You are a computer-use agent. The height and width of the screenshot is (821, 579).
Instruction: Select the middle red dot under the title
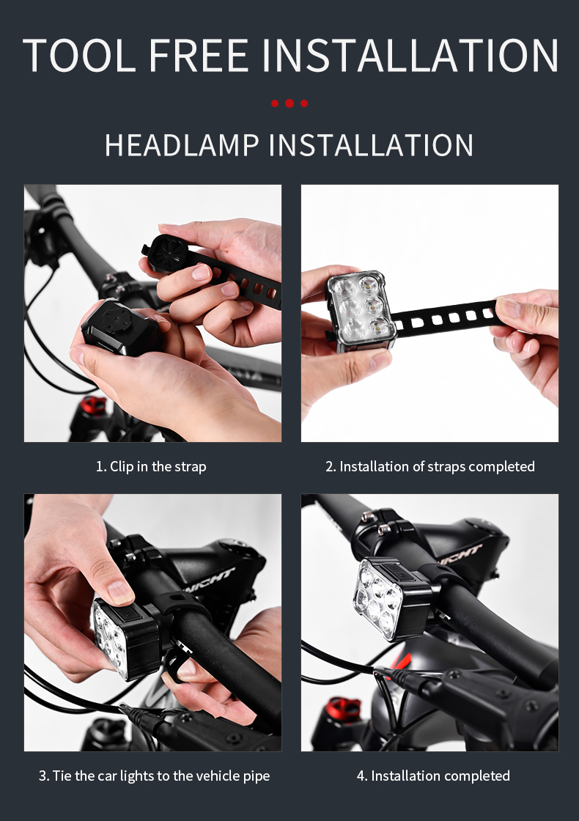(x=289, y=103)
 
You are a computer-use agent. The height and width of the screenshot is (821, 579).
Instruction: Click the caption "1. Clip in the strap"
(x=151, y=466)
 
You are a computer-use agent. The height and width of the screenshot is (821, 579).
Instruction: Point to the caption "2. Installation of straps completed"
(x=430, y=466)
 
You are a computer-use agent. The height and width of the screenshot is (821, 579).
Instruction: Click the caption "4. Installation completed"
(x=433, y=776)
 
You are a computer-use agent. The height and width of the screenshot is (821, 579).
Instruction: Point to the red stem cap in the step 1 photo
(x=93, y=405)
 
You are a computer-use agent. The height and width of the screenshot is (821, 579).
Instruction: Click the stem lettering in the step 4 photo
(x=460, y=553)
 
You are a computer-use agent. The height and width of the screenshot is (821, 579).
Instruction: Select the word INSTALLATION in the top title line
(x=410, y=54)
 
